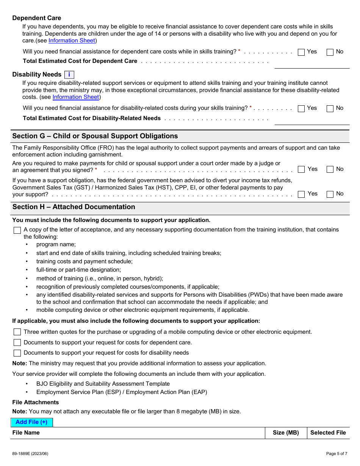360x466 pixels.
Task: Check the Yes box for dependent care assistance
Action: [301, 52]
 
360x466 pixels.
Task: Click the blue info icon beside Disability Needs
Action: [69, 75]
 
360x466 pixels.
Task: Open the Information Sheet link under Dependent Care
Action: [72, 41]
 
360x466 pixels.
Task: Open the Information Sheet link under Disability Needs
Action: [75, 97]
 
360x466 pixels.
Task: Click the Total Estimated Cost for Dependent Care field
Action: [311, 64]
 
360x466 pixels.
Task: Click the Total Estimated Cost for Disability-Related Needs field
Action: [311, 120]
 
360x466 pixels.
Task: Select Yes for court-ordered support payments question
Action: [301, 170]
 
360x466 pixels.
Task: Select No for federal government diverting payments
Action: [330, 194]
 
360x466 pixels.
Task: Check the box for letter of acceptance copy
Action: [17, 230]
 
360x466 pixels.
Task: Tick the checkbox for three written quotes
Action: [17, 332]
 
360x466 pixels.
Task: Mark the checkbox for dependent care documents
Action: [17, 342]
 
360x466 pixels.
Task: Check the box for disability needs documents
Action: [17, 353]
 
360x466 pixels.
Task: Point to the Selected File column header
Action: [328, 433]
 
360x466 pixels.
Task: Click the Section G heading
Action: [95, 136]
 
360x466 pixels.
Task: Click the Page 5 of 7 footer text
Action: [337, 453]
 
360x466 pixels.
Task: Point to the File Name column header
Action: [26, 433]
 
